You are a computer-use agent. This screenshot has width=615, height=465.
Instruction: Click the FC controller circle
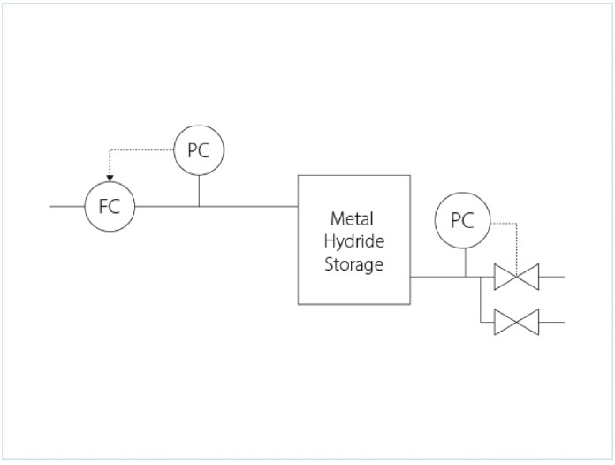coord(110,207)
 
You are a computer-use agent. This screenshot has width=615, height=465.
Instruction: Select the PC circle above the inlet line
coord(199,150)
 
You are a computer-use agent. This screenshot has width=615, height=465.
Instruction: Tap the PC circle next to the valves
coord(462,221)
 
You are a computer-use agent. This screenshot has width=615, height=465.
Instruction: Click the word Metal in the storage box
coord(353,217)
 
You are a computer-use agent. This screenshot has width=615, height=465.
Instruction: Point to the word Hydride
coord(353,240)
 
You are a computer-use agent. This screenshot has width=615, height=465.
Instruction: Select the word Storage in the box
coord(353,263)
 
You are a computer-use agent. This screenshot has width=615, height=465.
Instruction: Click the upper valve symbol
coord(516,277)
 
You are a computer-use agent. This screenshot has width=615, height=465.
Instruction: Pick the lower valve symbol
coord(516,322)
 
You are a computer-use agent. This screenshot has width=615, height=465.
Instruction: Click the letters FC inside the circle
coord(110,208)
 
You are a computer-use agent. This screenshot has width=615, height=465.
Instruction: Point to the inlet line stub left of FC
coord(67,207)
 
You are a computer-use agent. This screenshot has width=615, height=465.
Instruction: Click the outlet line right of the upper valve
coord(551,277)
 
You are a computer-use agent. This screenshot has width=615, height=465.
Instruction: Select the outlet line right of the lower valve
coord(551,322)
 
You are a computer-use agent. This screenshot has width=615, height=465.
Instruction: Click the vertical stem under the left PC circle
coord(199,190)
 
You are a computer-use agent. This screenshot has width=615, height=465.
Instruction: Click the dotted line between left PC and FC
coord(141,151)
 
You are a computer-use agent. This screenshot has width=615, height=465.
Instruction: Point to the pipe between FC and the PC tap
coord(166,207)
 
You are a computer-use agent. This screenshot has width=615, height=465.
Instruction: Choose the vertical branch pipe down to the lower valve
coord(479,301)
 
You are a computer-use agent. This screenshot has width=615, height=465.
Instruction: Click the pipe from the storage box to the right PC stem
coord(437,277)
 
